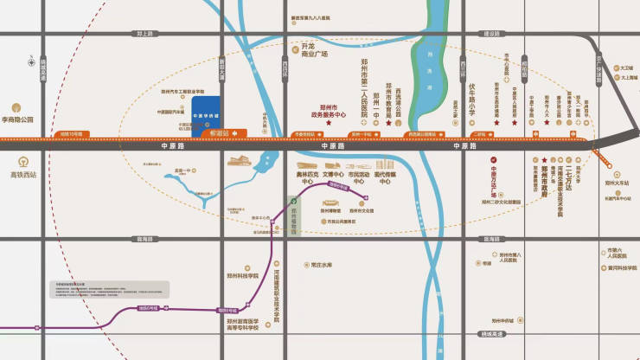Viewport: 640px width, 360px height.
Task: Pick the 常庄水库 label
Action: click(x=321, y=264)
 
